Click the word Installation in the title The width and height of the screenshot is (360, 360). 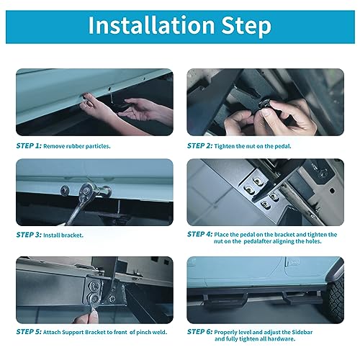point(151,25)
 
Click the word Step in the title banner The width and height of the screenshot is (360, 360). point(246,27)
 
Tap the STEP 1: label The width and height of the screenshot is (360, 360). point(29,145)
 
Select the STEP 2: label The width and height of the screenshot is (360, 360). point(199,145)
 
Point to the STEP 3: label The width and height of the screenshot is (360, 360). point(29,235)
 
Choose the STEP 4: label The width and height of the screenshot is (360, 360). point(199,234)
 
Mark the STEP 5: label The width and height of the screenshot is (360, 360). point(29,332)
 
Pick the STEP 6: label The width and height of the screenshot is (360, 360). point(199,332)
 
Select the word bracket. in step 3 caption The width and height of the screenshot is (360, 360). point(73,235)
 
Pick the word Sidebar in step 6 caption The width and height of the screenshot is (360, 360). point(302,333)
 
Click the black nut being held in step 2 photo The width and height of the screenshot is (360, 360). point(265,104)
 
